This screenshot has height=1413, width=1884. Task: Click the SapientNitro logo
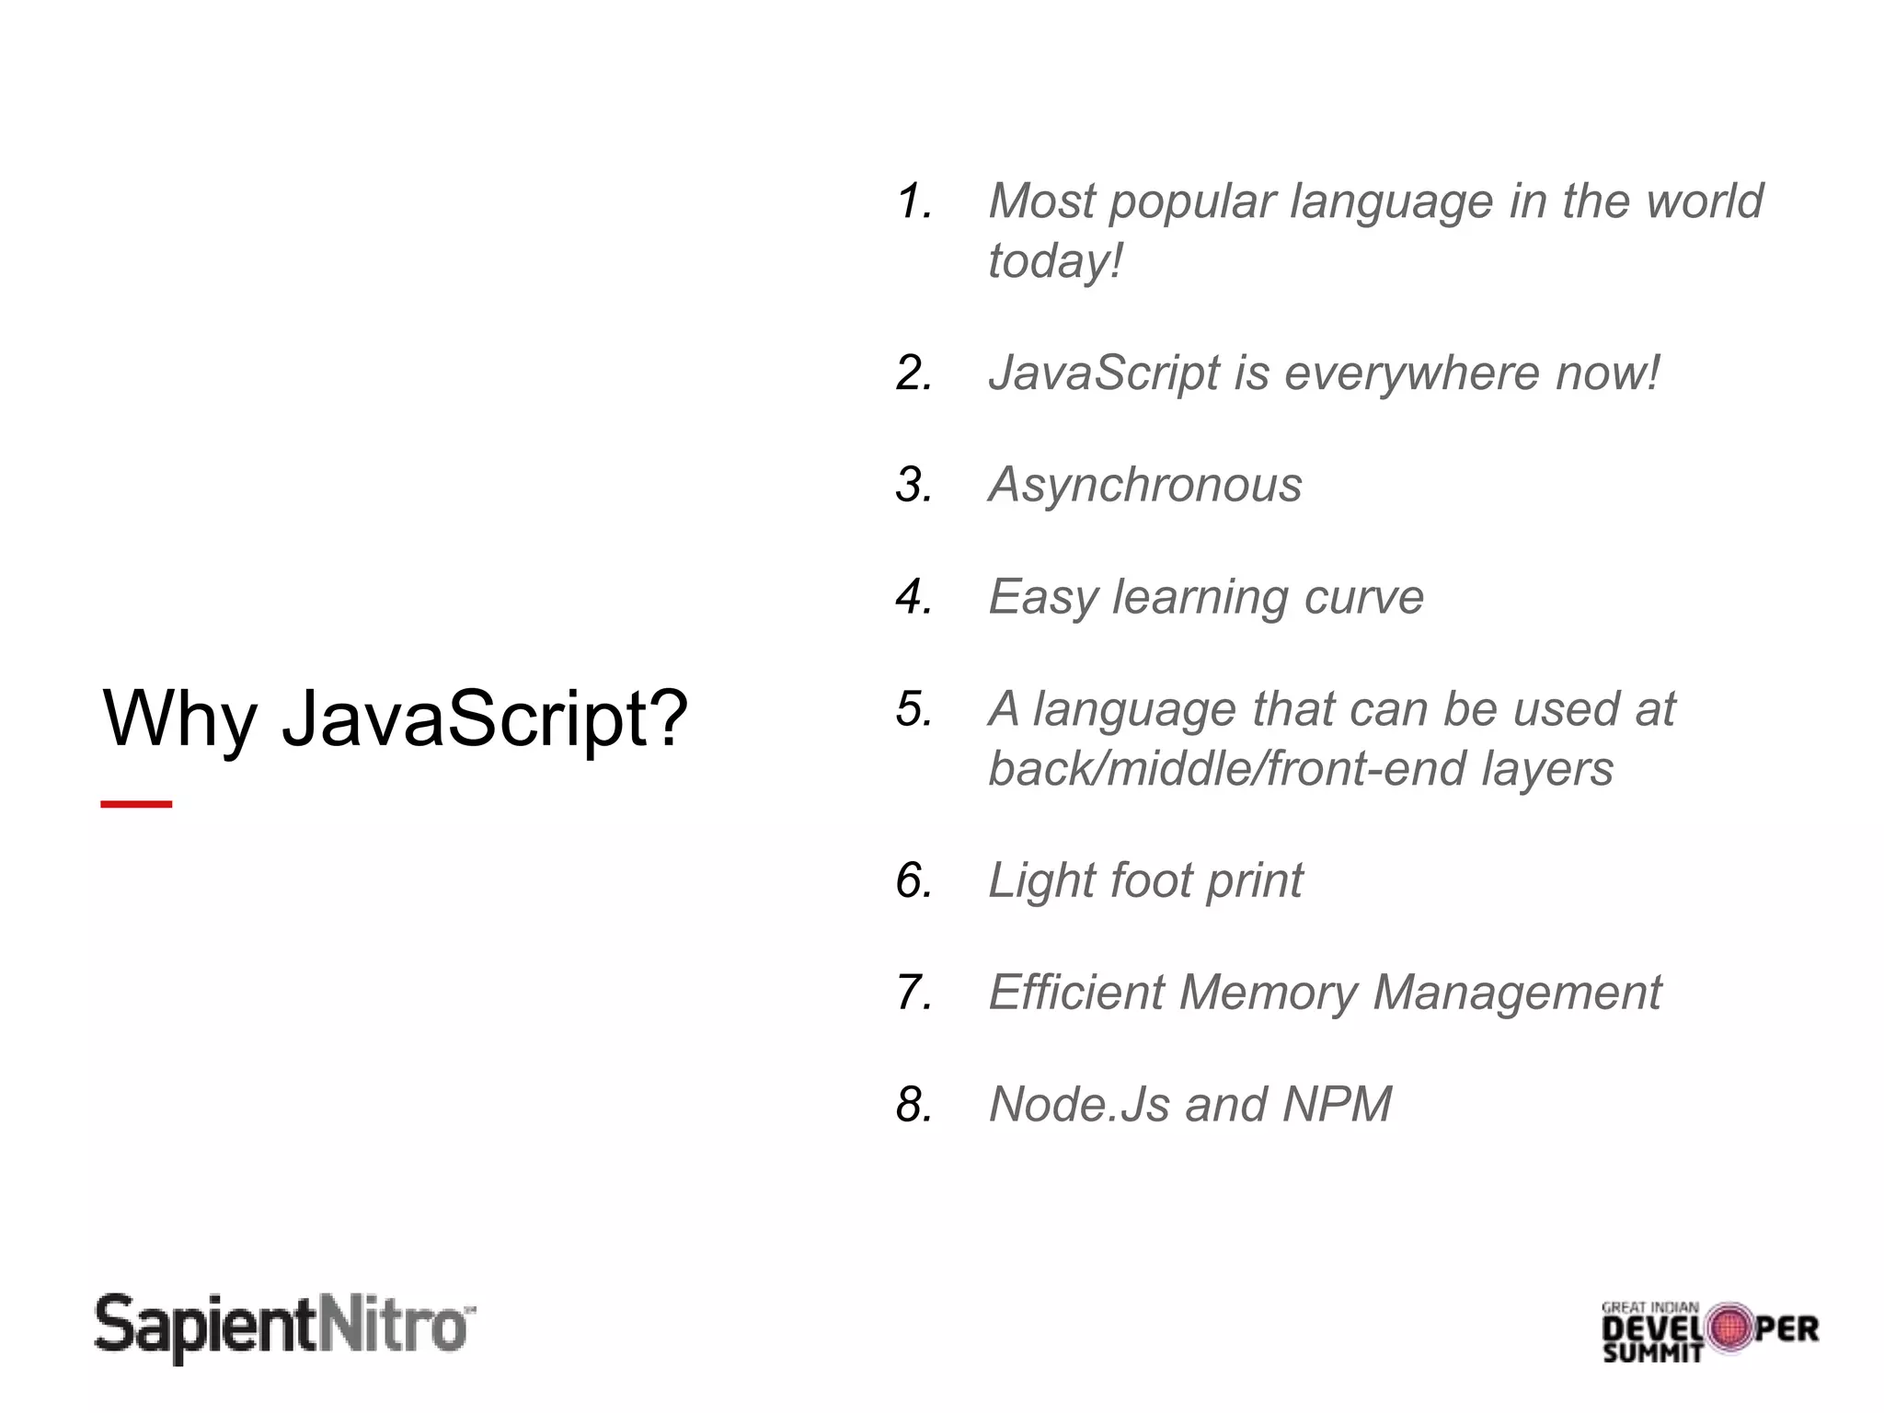coord(285,1327)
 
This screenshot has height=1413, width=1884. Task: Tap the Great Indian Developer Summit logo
coord(1709,1331)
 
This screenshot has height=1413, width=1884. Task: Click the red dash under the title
coord(136,804)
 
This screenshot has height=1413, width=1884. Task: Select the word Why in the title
coord(180,718)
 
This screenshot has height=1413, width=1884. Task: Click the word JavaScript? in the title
coord(485,718)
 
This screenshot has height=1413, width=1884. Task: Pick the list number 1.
coord(913,201)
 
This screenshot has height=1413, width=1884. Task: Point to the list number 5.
coord(913,709)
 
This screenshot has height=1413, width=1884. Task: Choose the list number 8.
coord(913,1104)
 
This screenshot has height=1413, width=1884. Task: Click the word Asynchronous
coord(1145,485)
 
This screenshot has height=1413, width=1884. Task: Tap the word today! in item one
coord(1055,260)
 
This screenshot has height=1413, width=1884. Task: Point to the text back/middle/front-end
coord(1224,769)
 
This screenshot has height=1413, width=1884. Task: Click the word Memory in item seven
coord(1269,993)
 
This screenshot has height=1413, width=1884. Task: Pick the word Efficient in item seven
coord(1077,993)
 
